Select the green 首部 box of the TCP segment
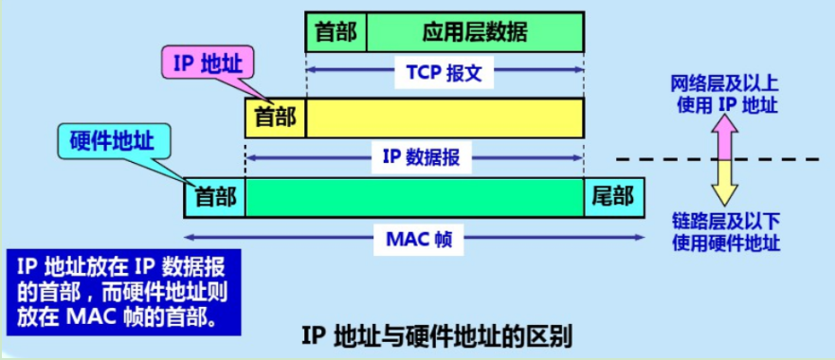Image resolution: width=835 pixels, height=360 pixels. tap(336, 32)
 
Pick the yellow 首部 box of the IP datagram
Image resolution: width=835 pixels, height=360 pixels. tap(275, 117)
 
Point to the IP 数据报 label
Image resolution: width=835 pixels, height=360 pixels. tap(421, 157)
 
